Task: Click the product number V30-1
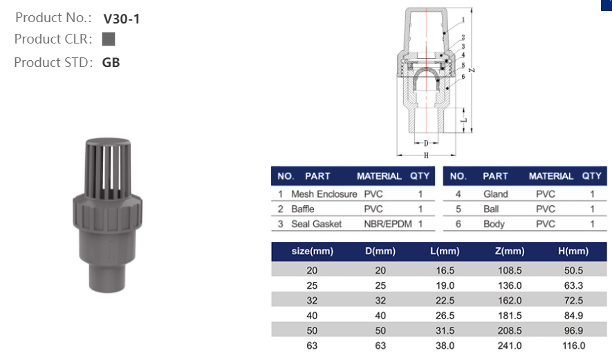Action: (121, 19)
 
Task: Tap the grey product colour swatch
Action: (108, 39)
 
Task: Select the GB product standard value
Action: (111, 62)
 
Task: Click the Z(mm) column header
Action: (510, 252)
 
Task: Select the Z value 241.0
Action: (510, 345)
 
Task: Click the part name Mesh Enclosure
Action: (324, 194)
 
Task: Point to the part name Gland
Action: (495, 194)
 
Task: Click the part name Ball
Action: (491, 209)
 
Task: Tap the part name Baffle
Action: (302, 209)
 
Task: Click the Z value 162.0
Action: (510, 301)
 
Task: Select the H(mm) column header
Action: (573, 252)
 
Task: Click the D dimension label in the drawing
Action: (426, 144)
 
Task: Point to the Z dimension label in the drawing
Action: (470, 70)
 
